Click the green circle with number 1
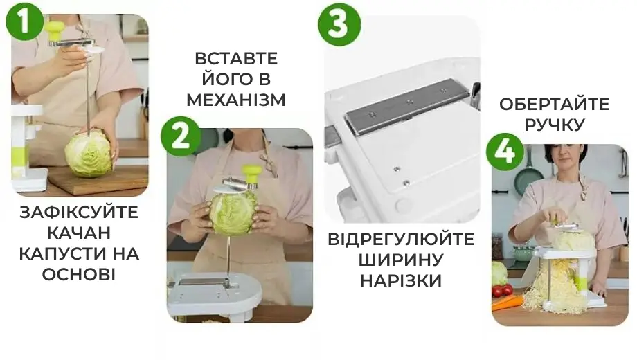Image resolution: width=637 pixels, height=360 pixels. click(x=25, y=22)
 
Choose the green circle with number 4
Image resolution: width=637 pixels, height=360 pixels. click(x=505, y=152)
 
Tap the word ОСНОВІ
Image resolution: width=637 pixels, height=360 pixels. click(x=79, y=274)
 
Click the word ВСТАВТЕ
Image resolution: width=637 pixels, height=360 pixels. click(x=235, y=58)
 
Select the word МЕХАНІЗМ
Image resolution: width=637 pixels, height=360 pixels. click(x=235, y=100)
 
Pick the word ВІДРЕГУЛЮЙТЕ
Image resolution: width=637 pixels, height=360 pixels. click(x=402, y=240)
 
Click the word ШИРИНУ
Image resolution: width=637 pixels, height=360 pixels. click(x=401, y=260)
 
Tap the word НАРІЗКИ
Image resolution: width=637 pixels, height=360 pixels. click(x=401, y=281)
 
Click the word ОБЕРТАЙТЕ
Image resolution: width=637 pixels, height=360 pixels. click(x=554, y=105)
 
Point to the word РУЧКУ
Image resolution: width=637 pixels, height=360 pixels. click(x=554, y=125)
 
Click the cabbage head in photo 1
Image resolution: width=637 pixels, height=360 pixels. click(x=89, y=154)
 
